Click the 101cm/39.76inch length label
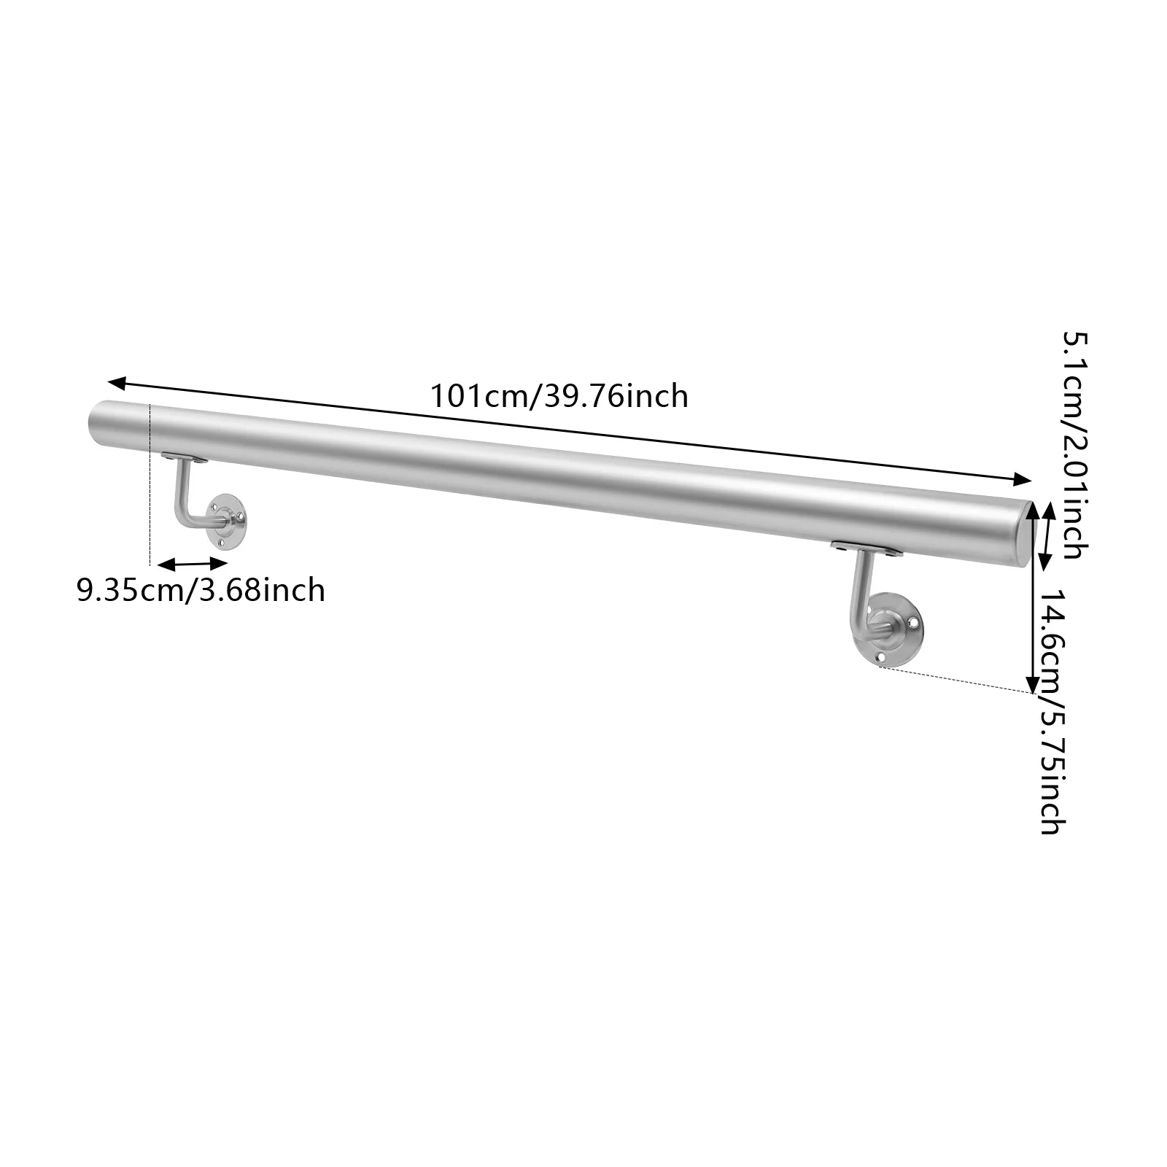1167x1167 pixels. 559,397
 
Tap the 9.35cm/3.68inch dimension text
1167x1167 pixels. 201,589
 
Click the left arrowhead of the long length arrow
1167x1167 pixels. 117,381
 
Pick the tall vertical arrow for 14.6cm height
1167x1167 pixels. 1031,627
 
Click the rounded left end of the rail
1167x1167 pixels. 95,423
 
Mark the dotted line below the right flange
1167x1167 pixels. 955,679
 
